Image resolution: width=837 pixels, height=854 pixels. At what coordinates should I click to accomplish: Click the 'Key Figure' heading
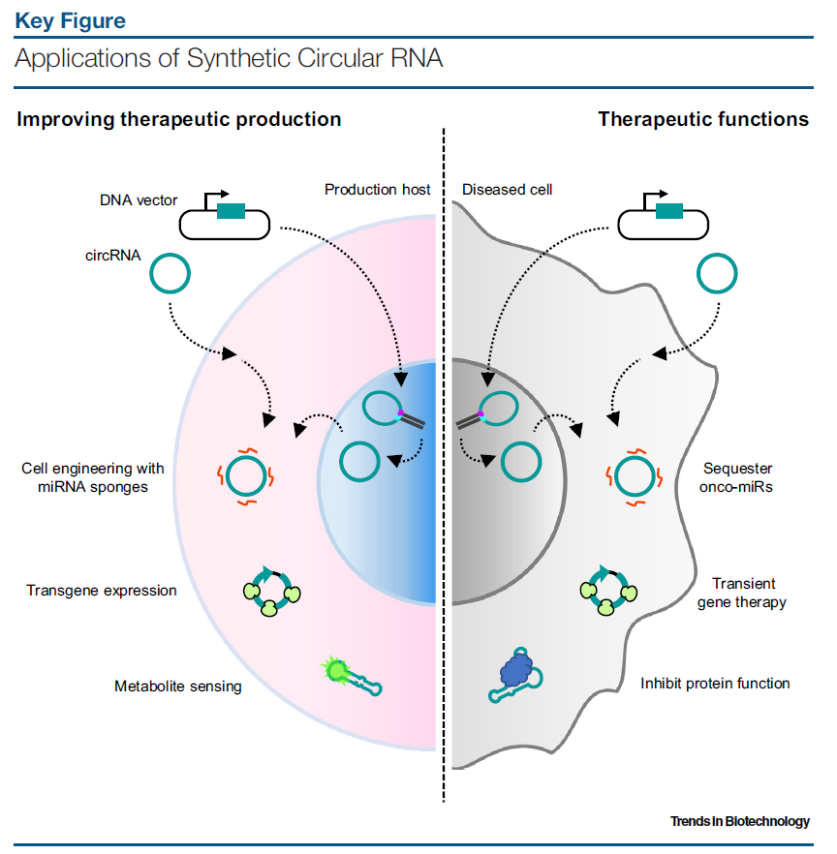[70, 20]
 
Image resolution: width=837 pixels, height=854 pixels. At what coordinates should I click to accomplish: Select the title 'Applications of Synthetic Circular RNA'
[229, 58]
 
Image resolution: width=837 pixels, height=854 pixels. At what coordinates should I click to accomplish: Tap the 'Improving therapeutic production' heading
[179, 120]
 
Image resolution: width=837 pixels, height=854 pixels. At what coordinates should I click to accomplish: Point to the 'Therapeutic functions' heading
[703, 120]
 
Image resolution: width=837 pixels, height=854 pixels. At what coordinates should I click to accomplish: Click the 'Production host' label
[378, 190]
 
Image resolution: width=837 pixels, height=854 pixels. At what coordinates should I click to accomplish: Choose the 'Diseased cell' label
[508, 190]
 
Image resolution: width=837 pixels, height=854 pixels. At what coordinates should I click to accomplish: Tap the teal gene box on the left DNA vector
[231, 212]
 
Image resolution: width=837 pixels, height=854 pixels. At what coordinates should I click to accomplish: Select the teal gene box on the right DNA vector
[669, 212]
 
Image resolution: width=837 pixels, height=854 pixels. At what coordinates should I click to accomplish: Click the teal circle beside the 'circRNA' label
[170, 274]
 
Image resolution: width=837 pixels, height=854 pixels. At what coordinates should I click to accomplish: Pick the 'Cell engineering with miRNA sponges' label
[93, 477]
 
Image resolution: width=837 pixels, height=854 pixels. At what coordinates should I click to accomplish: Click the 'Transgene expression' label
[102, 590]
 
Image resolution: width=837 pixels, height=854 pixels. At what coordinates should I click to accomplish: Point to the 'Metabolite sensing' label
[178, 686]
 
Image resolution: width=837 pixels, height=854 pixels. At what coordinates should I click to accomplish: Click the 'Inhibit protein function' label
[715, 684]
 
